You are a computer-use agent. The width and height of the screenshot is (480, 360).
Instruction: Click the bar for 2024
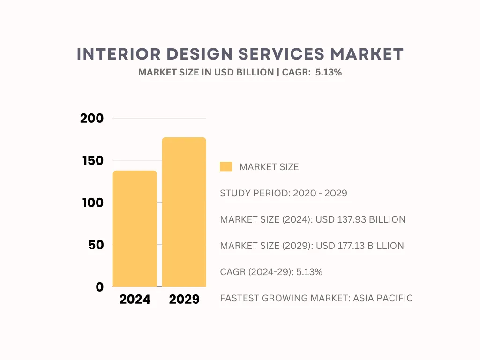[x=135, y=229]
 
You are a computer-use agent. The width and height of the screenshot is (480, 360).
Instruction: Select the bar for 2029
[x=184, y=212]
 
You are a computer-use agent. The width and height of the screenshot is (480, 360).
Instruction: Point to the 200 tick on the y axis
[x=92, y=119]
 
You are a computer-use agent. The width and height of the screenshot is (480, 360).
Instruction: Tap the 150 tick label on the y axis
[x=92, y=161]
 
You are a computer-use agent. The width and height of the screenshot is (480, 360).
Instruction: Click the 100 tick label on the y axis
[x=92, y=203]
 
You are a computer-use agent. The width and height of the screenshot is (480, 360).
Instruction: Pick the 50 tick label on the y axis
[x=96, y=245]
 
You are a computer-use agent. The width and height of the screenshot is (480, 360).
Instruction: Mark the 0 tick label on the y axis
[x=99, y=287]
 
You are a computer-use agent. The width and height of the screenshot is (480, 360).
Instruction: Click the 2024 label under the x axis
[x=135, y=300]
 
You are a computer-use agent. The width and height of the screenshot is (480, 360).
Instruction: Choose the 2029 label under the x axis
[x=184, y=300]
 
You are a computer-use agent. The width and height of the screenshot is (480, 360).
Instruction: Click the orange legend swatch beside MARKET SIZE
[x=226, y=167]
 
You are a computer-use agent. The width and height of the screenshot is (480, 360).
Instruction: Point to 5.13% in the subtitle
[x=331, y=73]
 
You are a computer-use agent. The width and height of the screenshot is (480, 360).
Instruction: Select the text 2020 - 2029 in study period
[x=320, y=193]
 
